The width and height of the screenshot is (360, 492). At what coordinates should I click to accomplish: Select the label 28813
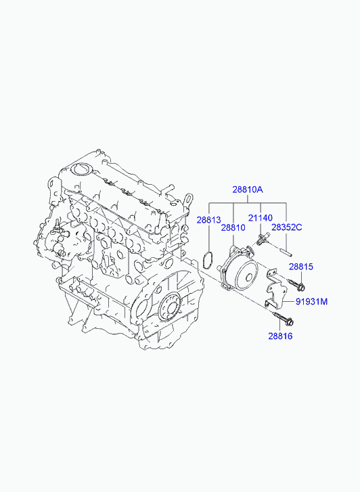[x=209, y=220]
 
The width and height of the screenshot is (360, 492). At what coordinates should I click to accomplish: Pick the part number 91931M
[x=311, y=302]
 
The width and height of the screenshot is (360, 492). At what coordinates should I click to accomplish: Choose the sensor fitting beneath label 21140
[x=261, y=238]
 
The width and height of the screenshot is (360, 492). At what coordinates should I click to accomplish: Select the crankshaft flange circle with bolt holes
[x=169, y=307]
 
